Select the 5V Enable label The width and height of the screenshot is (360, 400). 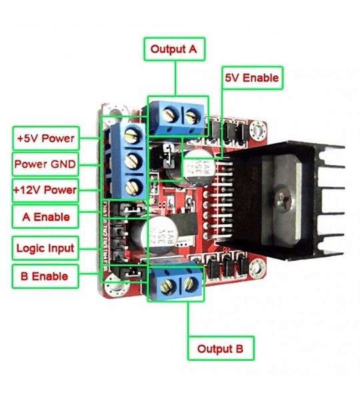(251, 78)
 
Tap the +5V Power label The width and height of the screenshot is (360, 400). (45, 139)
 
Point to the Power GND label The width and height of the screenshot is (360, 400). (45, 164)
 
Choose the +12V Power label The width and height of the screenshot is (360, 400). (45, 190)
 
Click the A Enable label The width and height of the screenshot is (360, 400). (45, 217)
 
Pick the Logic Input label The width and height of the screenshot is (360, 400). (45, 249)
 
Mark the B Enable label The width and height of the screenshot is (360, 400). (45, 275)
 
